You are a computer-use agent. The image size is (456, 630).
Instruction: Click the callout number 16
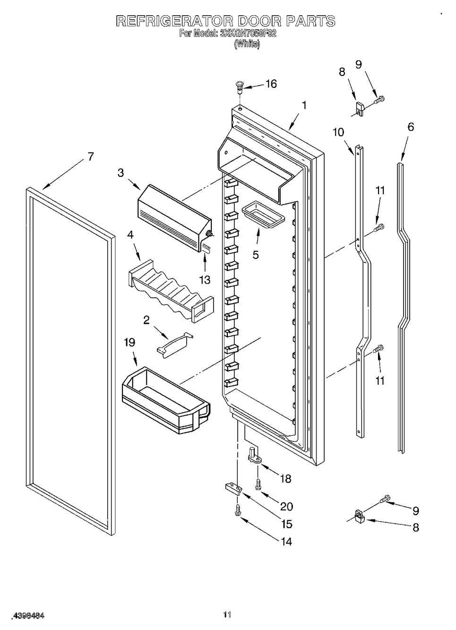point(271,84)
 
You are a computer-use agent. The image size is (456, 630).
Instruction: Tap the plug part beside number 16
point(239,86)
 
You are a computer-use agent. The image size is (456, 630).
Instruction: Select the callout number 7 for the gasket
point(91,156)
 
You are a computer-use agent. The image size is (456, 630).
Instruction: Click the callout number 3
point(121,173)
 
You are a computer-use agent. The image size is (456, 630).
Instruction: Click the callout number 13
point(205,280)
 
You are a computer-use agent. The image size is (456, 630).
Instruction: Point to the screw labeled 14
point(237,510)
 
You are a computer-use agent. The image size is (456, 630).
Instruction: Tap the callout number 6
point(411,127)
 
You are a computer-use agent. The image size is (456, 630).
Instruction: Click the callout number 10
point(338,132)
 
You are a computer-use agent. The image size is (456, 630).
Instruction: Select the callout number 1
point(304,105)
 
